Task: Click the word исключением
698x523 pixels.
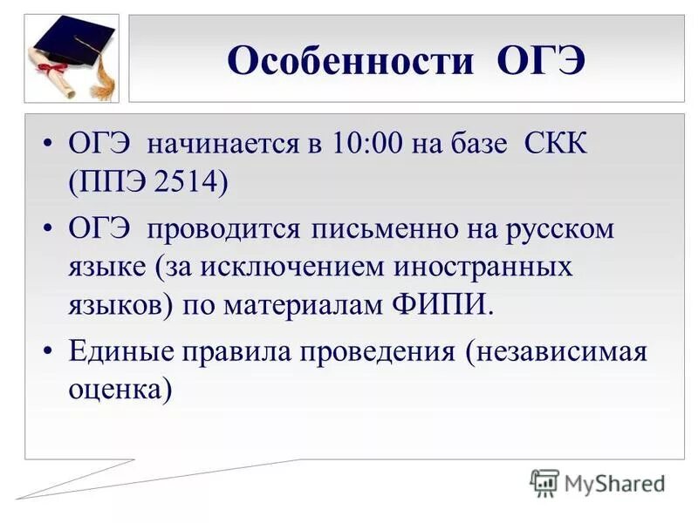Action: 284,267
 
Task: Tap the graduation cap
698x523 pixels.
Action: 74,40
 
